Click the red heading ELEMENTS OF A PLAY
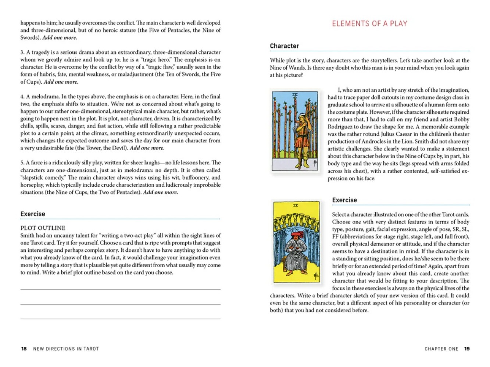(x=369, y=24)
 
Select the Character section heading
(x=284, y=46)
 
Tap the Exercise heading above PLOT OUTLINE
(x=33, y=214)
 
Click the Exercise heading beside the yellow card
(x=344, y=200)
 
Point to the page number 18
(x=24, y=349)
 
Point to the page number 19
(x=467, y=349)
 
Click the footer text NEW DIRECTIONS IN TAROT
(x=66, y=349)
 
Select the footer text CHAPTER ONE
(x=441, y=349)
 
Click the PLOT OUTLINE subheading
(x=43, y=228)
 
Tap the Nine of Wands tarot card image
(x=295, y=131)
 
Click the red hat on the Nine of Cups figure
(x=295, y=234)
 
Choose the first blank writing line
(x=120, y=290)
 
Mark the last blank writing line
(x=120, y=319)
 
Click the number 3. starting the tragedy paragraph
(x=22, y=52)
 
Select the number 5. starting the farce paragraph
(x=22, y=163)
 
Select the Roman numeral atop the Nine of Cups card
(x=296, y=206)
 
